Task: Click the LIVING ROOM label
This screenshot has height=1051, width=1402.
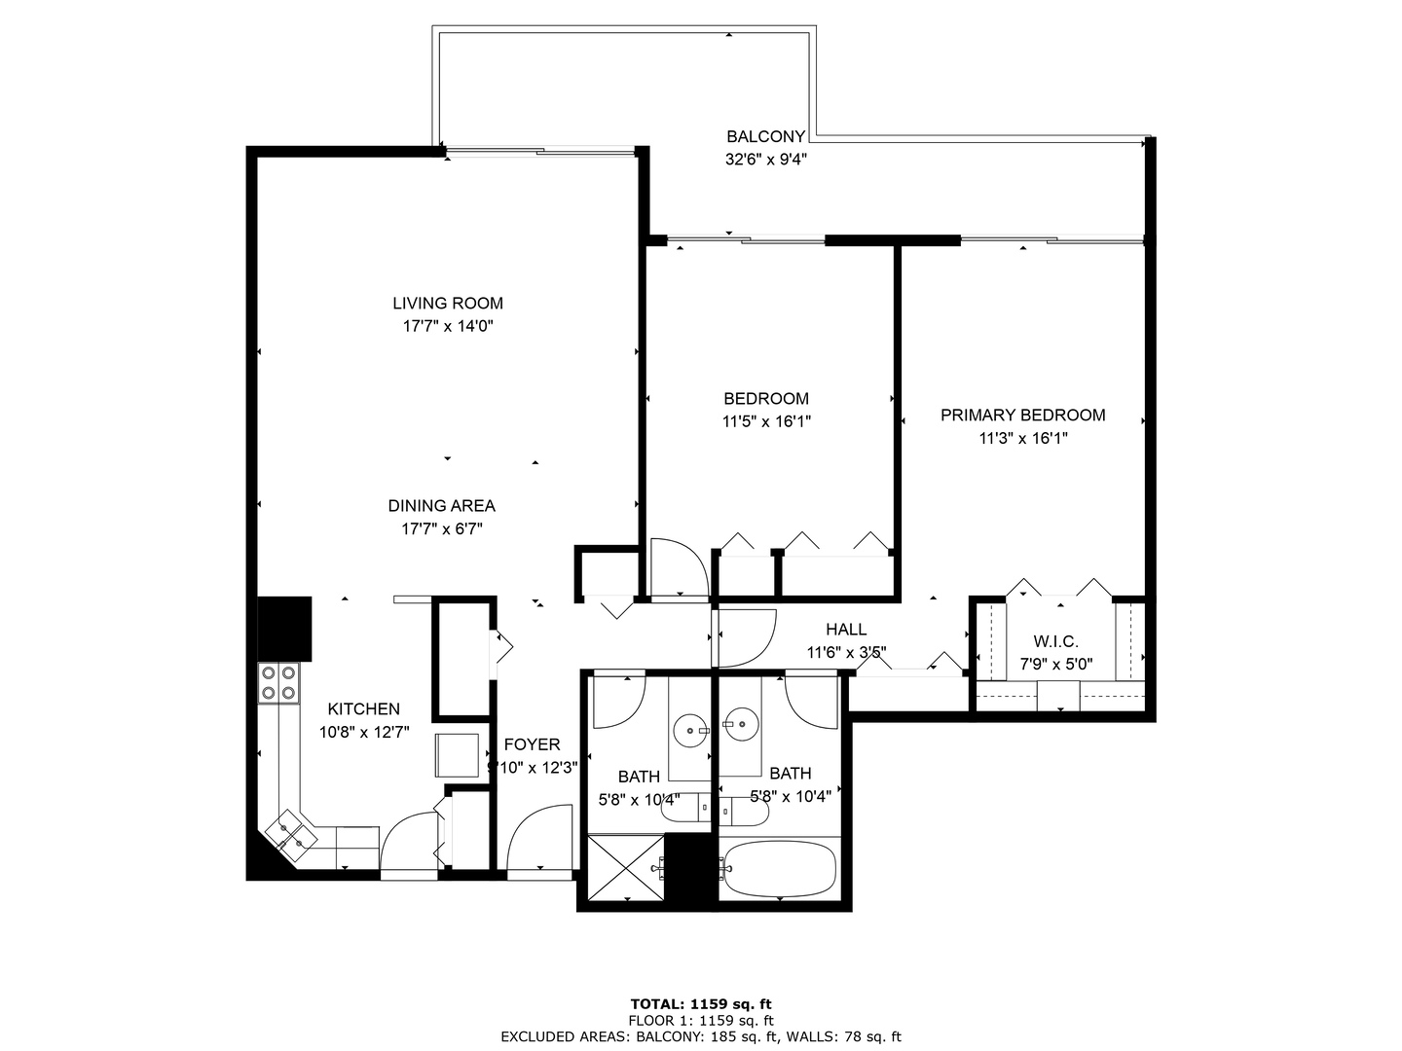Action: (x=448, y=304)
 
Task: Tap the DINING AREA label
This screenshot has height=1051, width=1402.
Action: (x=441, y=506)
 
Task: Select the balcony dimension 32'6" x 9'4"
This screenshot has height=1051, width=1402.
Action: (x=766, y=160)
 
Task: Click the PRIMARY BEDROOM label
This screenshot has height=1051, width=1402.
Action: (x=1022, y=416)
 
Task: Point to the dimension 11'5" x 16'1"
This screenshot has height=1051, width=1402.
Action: (x=766, y=422)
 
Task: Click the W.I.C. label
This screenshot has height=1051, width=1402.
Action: (x=1055, y=642)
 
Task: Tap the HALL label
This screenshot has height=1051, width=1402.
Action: (x=846, y=630)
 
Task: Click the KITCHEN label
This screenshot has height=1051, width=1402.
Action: (x=363, y=709)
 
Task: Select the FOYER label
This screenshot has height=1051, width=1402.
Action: (x=532, y=744)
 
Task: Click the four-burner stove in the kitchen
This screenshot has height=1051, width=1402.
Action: (x=277, y=682)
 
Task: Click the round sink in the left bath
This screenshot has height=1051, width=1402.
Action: (x=691, y=727)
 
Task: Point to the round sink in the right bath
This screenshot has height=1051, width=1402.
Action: (x=742, y=724)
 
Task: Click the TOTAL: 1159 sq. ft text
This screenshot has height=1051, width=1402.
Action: (x=701, y=1004)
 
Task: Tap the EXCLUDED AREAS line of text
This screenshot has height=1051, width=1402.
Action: (x=701, y=1037)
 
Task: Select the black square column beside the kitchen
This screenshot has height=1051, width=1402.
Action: (x=284, y=629)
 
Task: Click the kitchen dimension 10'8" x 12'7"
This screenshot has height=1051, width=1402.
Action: (x=363, y=733)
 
